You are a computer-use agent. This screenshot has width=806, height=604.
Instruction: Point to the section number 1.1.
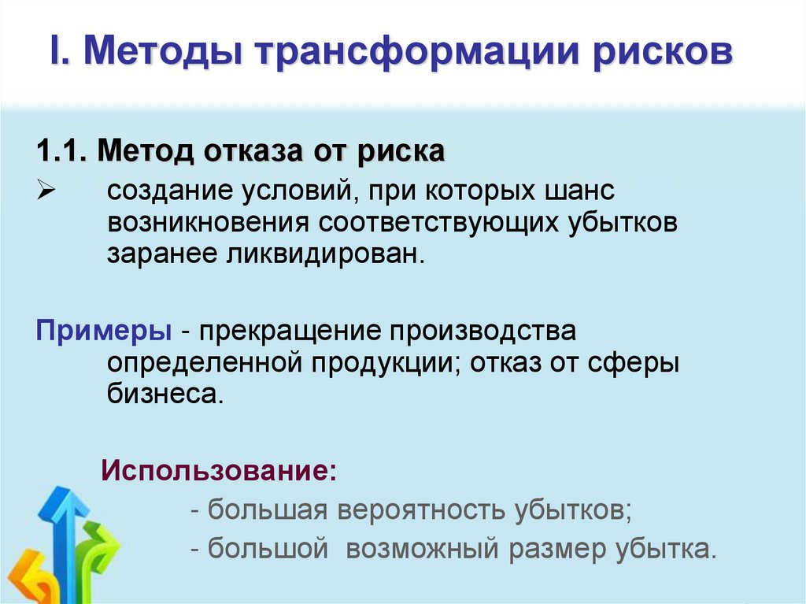point(64,150)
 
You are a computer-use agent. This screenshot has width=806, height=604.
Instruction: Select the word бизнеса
point(165,394)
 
